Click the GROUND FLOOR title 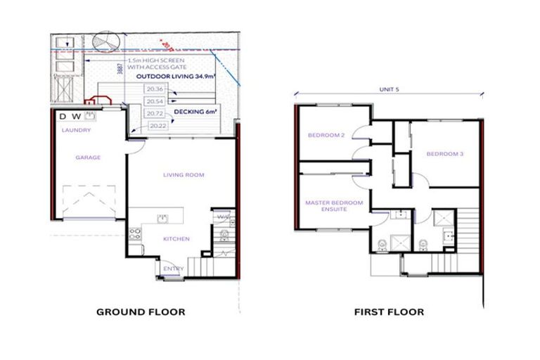tap(141, 311)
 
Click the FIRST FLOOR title tap(389, 311)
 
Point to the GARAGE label tap(89, 157)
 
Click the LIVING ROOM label tap(184, 174)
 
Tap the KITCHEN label tap(176, 239)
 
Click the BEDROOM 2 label tap(326, 135)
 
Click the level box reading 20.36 tap(155, 89)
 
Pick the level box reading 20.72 tap(155, 113)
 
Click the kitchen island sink tap(162, 217)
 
